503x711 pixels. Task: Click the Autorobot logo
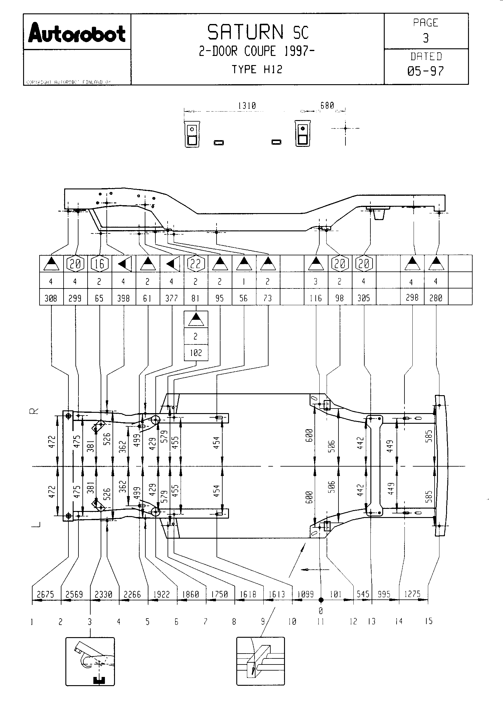click(x=77, y=33)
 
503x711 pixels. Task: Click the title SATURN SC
click(x=258, y=32)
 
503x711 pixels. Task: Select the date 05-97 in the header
click(x=425, y=71)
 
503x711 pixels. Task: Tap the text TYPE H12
click(x=257, y=69)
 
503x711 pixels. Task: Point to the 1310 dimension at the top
click(x=247, y=106)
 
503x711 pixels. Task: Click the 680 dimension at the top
click(x=327, y=105)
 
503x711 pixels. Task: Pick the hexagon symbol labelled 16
click(x=99, y=264)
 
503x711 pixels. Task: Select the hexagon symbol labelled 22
click(x=196, y=264)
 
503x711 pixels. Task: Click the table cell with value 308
click(x=51, y=298)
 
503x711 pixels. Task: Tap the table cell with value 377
click(x=172, y=298)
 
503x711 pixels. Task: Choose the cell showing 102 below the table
click(x=196, y=353)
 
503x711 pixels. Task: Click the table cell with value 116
click(x=316, y=298)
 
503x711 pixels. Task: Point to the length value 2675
click(x=46, y=595)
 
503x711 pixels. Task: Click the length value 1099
click(x=306, y=594)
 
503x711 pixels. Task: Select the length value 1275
click(x=412, y=594)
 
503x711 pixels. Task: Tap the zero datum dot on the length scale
click(x=321, y=600)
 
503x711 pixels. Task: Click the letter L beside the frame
click(x=36, y=524)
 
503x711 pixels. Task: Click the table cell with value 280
click(x=436, y=298)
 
